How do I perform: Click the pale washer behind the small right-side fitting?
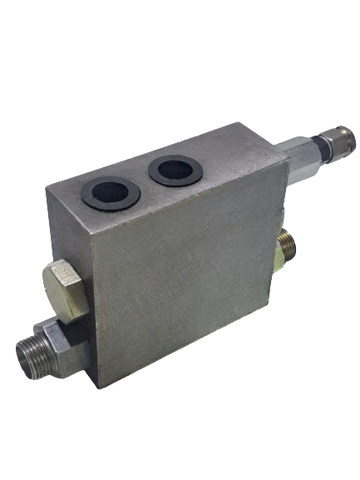pos(275,250)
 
